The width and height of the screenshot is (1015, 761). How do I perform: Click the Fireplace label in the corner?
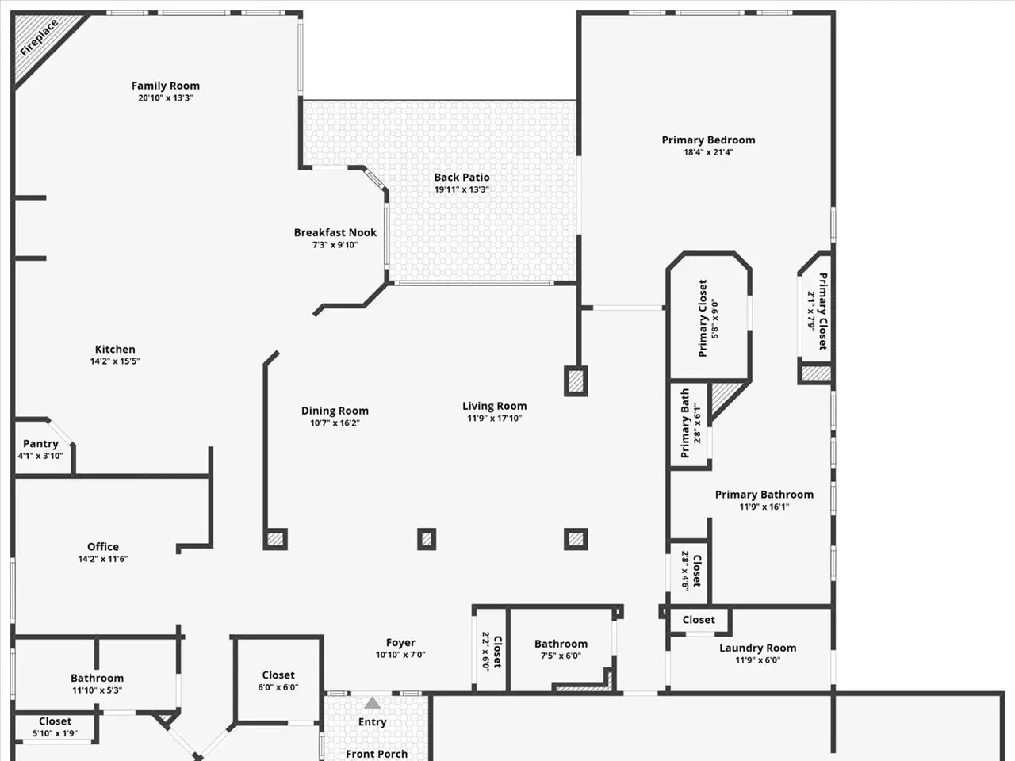pos(40,38)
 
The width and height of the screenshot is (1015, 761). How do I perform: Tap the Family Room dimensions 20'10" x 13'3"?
pos(166,98)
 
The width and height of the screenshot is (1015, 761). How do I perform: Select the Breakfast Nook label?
pos(335,232)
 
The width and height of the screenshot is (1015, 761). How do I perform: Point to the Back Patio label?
pos(462,177)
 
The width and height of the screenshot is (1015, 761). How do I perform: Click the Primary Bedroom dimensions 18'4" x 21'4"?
pos(708,152)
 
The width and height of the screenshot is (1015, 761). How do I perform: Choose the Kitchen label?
pos(115,350)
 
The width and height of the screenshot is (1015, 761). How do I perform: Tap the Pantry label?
pos(40,444)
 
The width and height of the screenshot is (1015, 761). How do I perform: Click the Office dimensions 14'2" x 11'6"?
pos(102,559)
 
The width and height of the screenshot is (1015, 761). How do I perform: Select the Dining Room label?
pos(335,411)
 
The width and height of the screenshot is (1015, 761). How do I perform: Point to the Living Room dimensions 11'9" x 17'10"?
pos(494,419)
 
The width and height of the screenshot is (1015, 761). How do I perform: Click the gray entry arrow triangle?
pos(372,703)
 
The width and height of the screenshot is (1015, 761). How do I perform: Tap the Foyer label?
pos(400,643)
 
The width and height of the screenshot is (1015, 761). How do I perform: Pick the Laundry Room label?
pos(757,648)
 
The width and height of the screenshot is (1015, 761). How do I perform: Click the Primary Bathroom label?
pos(764,495)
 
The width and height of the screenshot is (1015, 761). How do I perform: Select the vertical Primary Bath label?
pos(685,423)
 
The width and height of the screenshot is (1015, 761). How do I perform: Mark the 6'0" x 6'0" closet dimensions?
pos(278,687)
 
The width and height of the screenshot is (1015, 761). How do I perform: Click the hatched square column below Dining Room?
pos(275,539)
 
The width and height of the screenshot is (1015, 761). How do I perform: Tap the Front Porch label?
pos(377,754)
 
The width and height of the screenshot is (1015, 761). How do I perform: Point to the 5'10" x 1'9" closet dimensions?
pos(55,733)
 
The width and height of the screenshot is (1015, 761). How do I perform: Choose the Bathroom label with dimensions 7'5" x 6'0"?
pos(561,644)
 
